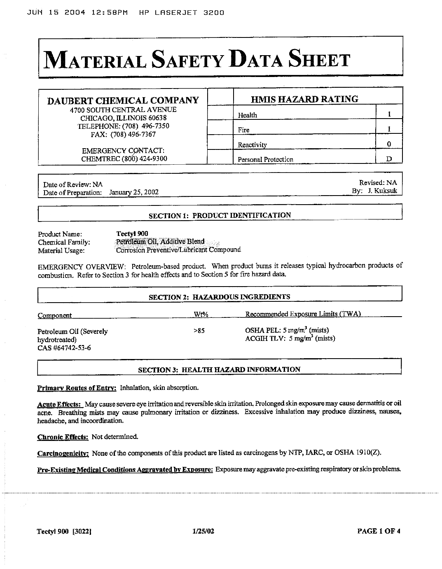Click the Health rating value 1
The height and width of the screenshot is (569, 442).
pos(389,114)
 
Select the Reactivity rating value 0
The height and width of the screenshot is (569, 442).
pos(389,144)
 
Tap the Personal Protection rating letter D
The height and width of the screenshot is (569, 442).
pos(389,159)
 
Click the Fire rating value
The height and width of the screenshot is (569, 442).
pos(389,129)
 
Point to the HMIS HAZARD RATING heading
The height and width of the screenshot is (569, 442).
pos(304,99)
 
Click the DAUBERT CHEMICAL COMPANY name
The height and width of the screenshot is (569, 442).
pos(123,100)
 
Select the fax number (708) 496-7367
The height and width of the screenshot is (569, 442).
pos(123,134)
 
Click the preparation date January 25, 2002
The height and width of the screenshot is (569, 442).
pos(134,192)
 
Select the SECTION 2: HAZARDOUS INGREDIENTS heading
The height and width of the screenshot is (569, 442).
pos(219,297)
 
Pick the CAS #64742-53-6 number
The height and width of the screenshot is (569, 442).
pos(64,348)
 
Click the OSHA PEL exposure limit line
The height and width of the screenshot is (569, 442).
pos(287,330)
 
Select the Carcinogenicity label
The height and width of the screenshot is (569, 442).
pos(63,454)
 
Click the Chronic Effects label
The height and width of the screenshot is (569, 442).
pos(63,437)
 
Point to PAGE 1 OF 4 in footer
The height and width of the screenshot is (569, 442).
pos(379,531)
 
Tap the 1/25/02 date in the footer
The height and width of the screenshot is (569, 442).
pos(203,531)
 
